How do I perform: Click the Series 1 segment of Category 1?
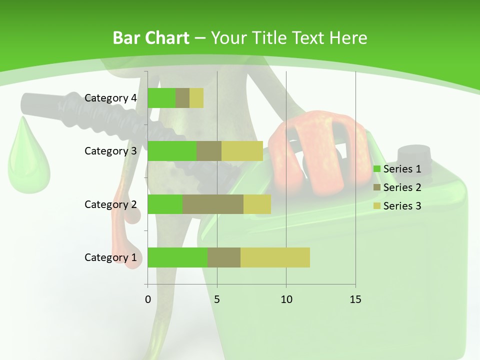[177, 257]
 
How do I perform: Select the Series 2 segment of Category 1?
[224, 257]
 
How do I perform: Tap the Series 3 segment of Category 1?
[275, 257]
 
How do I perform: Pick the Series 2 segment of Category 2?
[213, 204]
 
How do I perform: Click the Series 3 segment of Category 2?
[257, 204]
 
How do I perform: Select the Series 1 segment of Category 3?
[172, 151]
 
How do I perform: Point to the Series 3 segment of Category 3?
[242, 151]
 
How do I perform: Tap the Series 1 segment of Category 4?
[161, 98]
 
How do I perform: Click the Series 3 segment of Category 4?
[196, 98]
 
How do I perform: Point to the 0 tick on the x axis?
[148, 299]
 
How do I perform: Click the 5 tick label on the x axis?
[217, 299]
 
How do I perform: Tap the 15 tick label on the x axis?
[355, 299]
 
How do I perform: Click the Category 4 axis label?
[110, 98]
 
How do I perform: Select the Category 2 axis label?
[110, 204]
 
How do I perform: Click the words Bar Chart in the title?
[150, 38]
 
